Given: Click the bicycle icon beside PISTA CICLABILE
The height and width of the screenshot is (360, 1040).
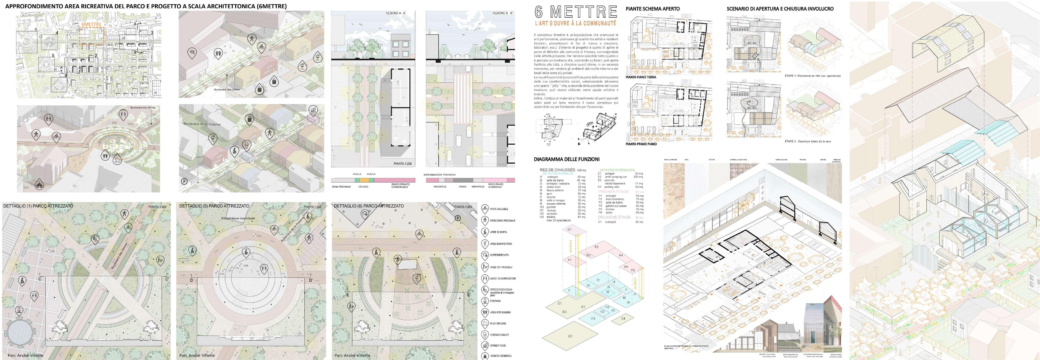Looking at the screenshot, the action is point(485,209).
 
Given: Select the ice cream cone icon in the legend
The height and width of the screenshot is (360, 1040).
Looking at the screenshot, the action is point(485,335).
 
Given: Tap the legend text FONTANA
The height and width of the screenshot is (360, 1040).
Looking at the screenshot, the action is point(495,301).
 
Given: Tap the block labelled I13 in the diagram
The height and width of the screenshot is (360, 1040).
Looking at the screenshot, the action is point(593,319).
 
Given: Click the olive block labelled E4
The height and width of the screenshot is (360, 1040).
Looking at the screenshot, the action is point(623,319).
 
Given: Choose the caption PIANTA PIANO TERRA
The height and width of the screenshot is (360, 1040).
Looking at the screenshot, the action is point(641,77).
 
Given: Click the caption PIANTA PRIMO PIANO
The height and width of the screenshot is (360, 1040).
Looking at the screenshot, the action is point(641,144).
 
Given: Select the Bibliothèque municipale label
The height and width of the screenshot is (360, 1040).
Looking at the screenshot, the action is point(238,218).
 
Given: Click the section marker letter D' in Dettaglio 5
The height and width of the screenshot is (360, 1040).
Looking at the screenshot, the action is point(310,280).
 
